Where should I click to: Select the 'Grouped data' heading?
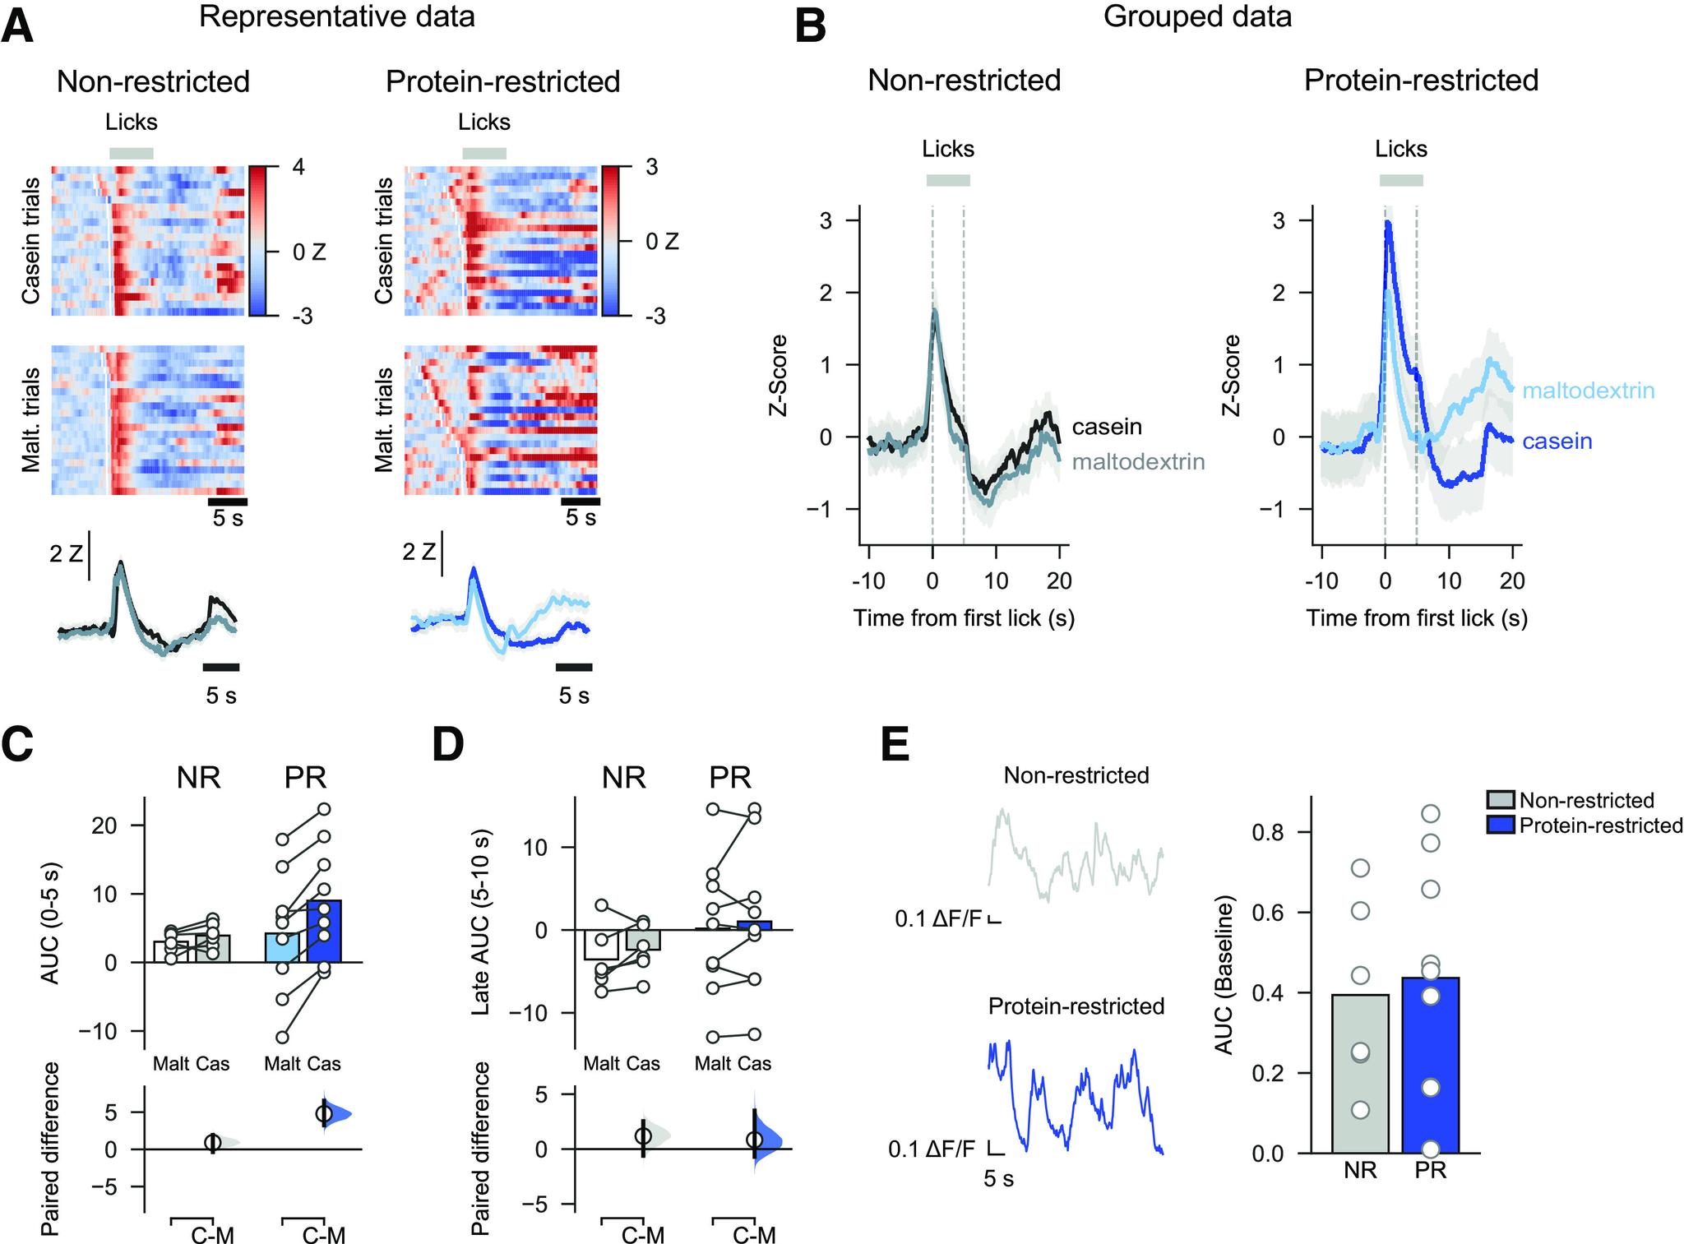[x=1197, y=16]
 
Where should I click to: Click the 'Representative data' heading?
[x=337, y=16]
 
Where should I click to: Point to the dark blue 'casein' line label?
[x=1557, y=442]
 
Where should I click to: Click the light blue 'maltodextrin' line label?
[x=1588, y=391]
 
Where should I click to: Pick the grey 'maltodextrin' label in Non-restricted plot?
[x=1138, y=461]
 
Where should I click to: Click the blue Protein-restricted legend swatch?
[x=1501, y=825]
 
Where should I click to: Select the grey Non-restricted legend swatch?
[x=1501, y=800]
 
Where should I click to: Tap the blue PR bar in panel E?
[x=1431, y=1069]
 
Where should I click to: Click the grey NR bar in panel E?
[x=1360, y=1077]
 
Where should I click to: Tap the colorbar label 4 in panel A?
[x=298, y=167]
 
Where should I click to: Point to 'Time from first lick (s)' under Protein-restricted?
[x=1417, y=617]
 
